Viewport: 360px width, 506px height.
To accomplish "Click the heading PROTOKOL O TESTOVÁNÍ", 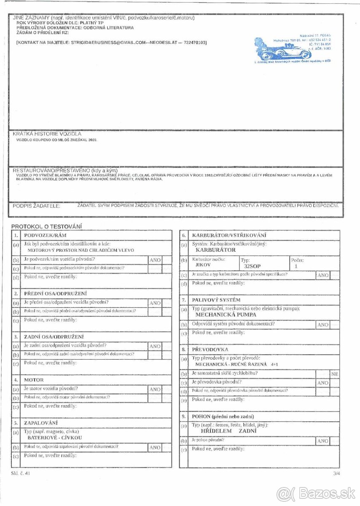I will click(46, 226).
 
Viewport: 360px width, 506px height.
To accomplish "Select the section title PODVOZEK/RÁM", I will click(46, 235).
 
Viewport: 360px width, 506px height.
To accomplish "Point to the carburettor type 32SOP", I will click(252, 266).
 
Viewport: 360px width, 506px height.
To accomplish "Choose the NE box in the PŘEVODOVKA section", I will click(335, 374).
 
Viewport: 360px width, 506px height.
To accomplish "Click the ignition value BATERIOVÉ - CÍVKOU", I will click(54, 438).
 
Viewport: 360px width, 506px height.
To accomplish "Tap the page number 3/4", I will click(336, 474).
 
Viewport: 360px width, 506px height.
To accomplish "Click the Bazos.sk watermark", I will click(316, 493).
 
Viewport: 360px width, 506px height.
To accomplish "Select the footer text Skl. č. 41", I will click(21, 474).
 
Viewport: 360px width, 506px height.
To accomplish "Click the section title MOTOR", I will click(34, 380).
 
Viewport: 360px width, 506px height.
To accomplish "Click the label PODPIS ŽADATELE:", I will click(36, 206).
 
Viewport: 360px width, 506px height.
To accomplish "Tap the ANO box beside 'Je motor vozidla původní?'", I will click(155, 389).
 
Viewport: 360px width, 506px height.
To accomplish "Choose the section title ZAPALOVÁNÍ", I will click(41, 423).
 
